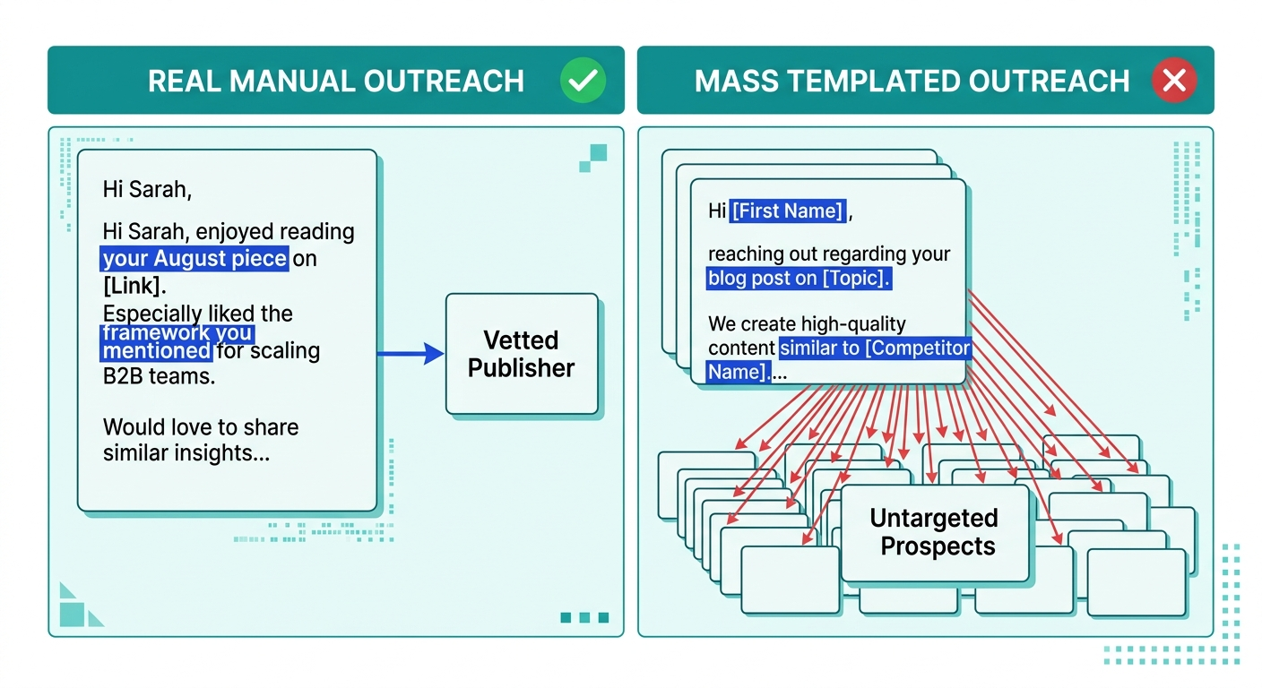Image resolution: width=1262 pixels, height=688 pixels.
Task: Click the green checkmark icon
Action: (583, 81)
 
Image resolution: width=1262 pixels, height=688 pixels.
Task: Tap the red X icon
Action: (1173, 81)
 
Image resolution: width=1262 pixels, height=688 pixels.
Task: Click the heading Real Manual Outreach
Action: (335, 81)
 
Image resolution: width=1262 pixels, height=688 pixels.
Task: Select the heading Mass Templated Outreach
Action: (912, 81)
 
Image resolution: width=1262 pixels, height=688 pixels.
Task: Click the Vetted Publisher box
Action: (522, 354)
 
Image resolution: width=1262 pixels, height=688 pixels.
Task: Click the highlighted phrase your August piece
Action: (194, 260)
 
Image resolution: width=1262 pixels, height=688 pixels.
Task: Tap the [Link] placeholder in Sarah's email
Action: (134, 286)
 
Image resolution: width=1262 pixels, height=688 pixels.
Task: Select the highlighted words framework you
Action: (177, 333)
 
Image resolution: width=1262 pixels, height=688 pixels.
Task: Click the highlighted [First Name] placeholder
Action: (788, 211)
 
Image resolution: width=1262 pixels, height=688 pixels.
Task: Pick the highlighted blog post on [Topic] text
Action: (799, 278)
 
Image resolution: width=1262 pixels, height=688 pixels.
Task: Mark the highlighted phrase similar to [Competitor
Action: (875, 348)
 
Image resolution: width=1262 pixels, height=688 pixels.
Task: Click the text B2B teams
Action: (159, 376)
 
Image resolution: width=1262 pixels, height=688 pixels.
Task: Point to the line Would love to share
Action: (201, 426)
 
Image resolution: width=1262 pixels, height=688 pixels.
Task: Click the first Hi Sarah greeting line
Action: (147, 189)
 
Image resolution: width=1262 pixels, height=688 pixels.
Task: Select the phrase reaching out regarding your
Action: (828, 254)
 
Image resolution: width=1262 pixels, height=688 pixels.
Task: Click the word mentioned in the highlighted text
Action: (156, 350)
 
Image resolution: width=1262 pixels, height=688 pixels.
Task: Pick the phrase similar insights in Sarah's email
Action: (186, 453)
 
